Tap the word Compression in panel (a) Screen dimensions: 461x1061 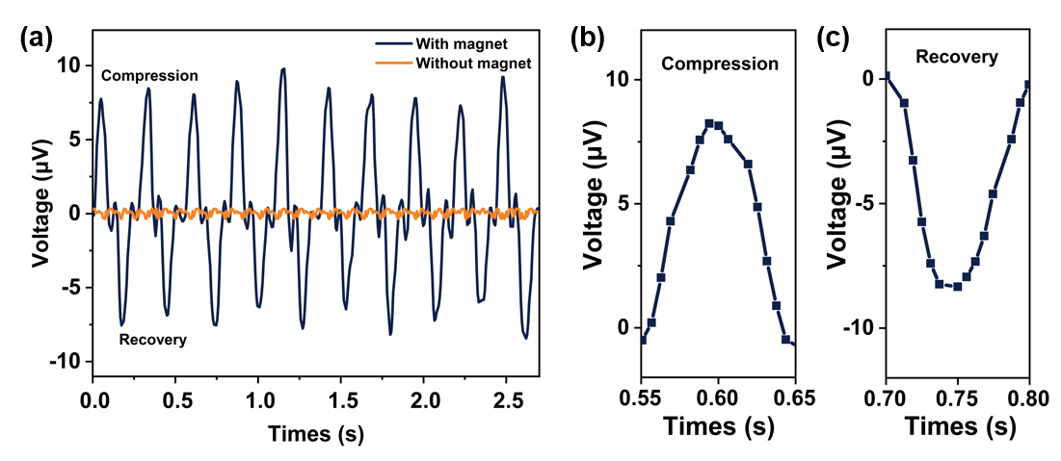[149, 75]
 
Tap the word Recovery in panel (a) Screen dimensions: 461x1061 [152, 340]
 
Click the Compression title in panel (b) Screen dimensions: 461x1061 [719, 64]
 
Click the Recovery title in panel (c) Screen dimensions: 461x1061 [956, 56]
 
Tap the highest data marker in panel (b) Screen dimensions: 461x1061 [709, 123]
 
